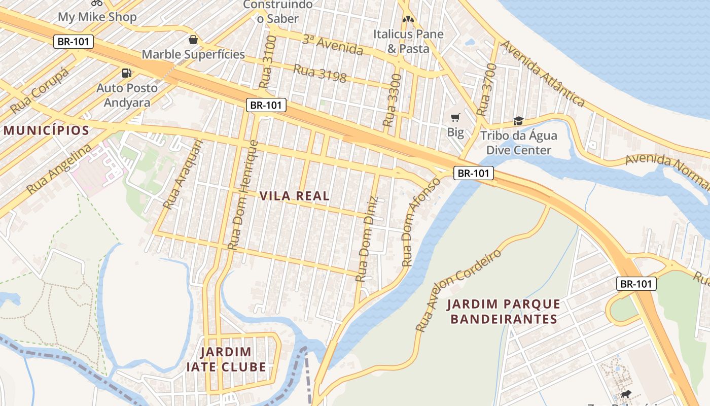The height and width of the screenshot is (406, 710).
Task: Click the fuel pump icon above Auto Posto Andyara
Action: (x=127, y=73)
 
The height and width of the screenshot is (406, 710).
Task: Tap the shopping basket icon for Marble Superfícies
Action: (x=193, y=40)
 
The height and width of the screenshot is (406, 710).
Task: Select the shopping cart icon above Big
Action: (x=455, y=118)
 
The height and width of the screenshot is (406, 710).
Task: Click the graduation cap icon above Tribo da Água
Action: (x=518, y=121)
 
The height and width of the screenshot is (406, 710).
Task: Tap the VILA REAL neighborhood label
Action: (x=295, y=196)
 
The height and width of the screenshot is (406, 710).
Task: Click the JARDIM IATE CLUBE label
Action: (x=233, y=359)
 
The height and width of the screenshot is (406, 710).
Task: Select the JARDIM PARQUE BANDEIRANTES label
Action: (x=504, y=312)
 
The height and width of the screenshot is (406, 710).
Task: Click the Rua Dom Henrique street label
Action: (x=243, y=195)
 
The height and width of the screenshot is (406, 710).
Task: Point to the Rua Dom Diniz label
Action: (x=367, y=239)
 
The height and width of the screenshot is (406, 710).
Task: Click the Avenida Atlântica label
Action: (x=543, y=73)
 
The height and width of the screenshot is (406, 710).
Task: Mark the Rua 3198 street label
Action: (x=320, y=73)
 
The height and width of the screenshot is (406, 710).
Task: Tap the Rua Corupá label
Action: (x=39, y=91)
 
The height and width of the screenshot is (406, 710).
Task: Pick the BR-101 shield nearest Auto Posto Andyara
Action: (x=74, y=42)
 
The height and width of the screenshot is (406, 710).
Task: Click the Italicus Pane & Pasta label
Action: (x=408, y=41)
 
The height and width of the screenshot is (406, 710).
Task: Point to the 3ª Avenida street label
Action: (x=333, y=45)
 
